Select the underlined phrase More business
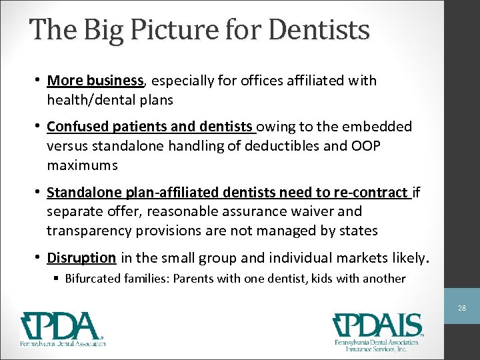point(95,81)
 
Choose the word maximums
point(83,164)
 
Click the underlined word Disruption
point(82,257)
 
